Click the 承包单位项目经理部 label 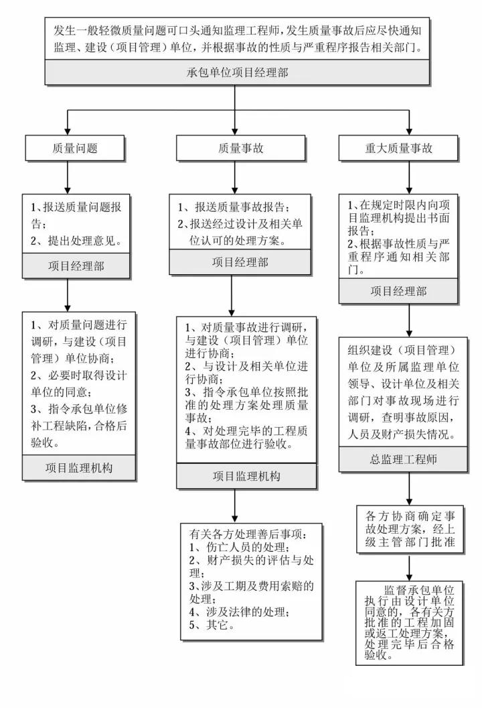pos(237,72)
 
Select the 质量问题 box pos(75,148)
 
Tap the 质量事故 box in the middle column pos(241,148)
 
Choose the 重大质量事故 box pos(398,148)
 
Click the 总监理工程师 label pos(403,459)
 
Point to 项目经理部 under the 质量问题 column pos(76,265)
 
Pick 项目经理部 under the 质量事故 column pos(240,262)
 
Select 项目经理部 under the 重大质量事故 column pos(398,291)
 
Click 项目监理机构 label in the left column pos(79,468)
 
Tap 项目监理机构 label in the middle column pos(246,476)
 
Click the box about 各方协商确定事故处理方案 pos(410,529)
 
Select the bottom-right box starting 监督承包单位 pos(410,623)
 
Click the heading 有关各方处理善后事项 pos(248,534)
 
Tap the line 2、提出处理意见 pos(76,241)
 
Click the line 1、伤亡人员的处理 pos(240,547)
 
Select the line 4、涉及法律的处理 pos(240,612)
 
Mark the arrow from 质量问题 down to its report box pos(68,178)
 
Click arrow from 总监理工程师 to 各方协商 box pos(410,489)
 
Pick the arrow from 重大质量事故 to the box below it pos(410,178)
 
